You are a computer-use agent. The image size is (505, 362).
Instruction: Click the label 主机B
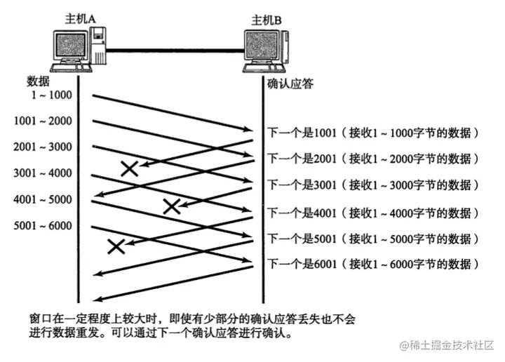[267, 18]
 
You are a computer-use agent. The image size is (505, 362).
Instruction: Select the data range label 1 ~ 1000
[51, 95]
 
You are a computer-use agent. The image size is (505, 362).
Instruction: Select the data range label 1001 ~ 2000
[43, 121]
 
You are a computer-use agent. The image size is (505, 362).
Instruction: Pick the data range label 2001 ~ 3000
[43, 147]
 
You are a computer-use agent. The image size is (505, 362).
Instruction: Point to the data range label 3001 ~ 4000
[43, 174]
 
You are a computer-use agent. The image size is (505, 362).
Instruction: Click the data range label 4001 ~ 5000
[43, 200]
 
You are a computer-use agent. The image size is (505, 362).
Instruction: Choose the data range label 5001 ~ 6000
[43, 226]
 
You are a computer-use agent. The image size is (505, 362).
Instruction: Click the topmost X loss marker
[129, 168]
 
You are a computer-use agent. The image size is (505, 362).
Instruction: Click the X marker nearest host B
[171, 206]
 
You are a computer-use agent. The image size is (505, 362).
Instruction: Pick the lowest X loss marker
[116, 246]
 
